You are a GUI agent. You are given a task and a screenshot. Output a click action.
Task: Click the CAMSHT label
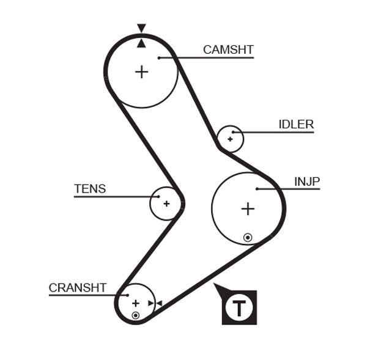point(228,50)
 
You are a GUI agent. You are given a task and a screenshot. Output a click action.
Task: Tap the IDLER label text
point(296,125)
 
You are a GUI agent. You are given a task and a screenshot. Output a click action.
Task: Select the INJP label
point(307,182)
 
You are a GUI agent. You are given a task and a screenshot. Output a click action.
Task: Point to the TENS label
point(90,189)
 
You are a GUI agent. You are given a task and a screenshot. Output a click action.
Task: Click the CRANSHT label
point(78,287)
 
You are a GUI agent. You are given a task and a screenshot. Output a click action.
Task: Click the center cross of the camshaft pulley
point(141,72)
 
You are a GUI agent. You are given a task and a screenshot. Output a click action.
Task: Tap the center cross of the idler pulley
point(230,139)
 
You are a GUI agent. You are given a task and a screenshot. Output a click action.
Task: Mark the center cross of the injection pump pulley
point(247,209)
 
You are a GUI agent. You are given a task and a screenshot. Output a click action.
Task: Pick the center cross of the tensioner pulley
point(166,203)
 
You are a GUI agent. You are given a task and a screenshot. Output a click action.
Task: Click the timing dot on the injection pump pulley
point(247,237)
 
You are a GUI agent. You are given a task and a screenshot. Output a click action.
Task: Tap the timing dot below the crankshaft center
point(135,315)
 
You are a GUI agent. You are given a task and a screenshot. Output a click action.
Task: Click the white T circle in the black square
point(239,307)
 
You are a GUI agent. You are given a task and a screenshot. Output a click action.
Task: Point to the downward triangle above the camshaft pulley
point(141,28)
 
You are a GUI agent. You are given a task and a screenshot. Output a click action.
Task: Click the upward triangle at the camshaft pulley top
point(141,42)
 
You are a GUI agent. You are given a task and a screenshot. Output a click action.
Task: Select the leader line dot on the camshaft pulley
point(158,58)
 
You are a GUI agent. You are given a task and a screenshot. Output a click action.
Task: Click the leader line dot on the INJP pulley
point(257,189)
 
